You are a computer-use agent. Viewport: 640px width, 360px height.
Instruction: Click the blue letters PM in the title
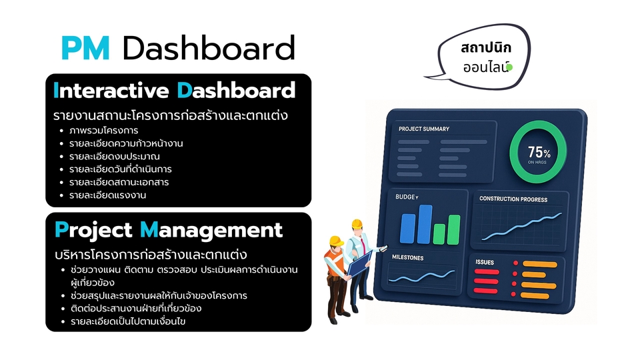tap(86, 48)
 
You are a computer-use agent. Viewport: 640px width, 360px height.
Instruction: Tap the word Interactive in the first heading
tap(111, 90)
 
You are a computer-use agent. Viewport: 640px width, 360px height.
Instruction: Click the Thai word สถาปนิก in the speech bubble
tap(486, 48)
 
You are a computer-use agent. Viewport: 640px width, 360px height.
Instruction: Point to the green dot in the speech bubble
tap(509, 67)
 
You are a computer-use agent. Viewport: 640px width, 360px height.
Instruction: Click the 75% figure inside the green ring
tap(539, 152)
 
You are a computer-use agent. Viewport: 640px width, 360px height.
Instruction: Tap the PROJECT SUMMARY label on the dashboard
tap(424, 129)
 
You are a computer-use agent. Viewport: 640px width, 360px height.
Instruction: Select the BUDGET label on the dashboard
tap(407, 197)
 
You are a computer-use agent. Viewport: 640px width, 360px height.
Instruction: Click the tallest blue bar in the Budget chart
tap(425, 224)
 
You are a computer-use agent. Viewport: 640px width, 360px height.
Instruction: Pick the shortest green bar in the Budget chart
tap(439, 234)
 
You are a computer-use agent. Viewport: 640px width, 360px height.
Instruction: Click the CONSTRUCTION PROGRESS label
tap(513, 199)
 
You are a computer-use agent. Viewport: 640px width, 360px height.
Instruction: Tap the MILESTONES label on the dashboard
tap(408, 257)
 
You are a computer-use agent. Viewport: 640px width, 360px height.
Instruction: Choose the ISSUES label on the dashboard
tap(485, 262)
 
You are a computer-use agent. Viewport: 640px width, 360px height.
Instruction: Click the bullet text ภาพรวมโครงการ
tap(104, 131)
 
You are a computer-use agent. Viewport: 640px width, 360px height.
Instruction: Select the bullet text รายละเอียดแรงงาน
tap(107, 195)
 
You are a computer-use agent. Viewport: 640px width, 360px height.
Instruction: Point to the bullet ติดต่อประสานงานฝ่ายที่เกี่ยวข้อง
tap(136, 308)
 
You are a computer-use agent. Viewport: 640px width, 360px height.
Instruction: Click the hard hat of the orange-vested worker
tap(336, 241)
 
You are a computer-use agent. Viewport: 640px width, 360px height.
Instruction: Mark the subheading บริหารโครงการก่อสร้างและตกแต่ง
tap(151, 255)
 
